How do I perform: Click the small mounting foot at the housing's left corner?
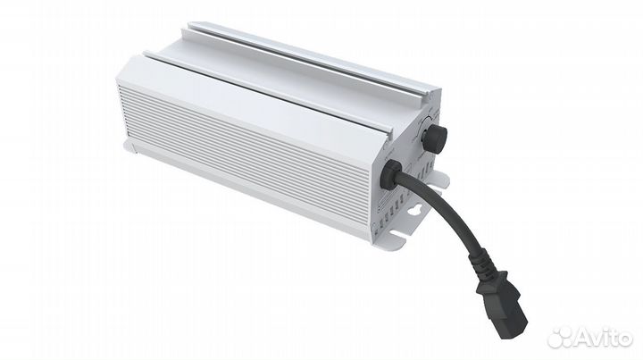[132, 148]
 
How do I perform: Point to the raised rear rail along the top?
[313, 54]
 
